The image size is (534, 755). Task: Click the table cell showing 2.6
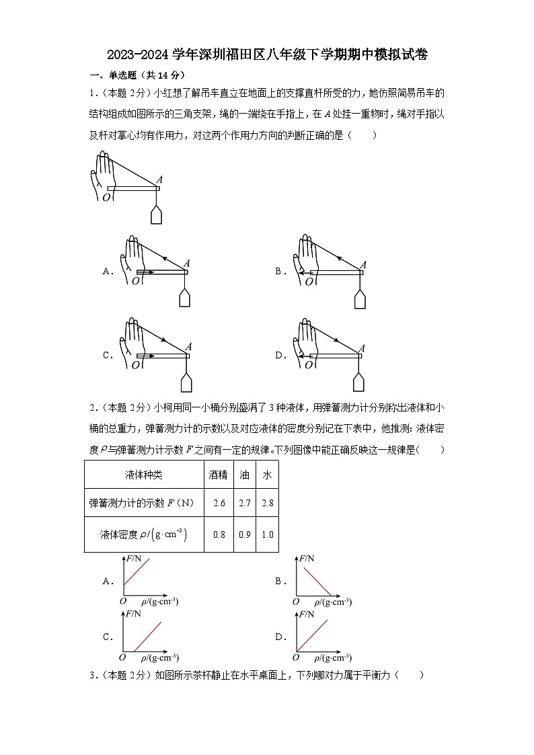[x=219, y=503]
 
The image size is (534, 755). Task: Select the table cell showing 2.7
[x=245, y=503]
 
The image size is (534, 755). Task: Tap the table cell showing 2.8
[x=267, y=503]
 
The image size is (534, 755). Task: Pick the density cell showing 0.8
[x=219, y=534]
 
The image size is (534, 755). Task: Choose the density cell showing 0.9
[x=245, y=534]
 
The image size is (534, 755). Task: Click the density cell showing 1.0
[x=267, y=534]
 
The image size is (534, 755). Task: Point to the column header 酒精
[x=219, y=475]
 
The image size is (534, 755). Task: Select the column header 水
[x=267, y=475]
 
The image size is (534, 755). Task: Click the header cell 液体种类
[x=144, y=475]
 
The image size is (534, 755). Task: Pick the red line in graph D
[x=312, y=635]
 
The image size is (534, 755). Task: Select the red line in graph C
[x=148, y=636]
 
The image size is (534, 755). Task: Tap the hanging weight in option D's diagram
[x=360, y=381]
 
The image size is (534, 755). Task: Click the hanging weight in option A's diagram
[x=186, y=299]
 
